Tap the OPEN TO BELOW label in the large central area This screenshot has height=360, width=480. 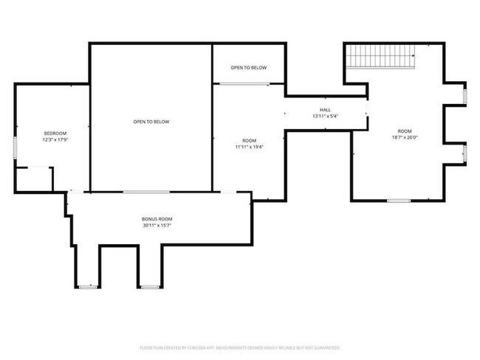151,122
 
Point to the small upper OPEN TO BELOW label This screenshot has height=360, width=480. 248,68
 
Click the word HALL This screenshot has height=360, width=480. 325,110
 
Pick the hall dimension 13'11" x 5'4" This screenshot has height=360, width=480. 325,116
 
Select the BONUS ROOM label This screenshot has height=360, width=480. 157,219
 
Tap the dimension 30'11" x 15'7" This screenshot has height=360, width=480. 157,225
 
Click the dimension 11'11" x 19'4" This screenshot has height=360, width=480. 249,146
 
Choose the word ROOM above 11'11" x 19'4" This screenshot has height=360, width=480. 249,140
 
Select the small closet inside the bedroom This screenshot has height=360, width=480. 34,179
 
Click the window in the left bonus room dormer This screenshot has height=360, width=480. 88,286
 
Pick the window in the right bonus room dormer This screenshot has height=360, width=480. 148,286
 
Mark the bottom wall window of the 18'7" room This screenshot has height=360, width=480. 399,200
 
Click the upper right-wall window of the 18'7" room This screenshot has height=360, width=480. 464,96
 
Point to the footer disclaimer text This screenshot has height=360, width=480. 240,347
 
